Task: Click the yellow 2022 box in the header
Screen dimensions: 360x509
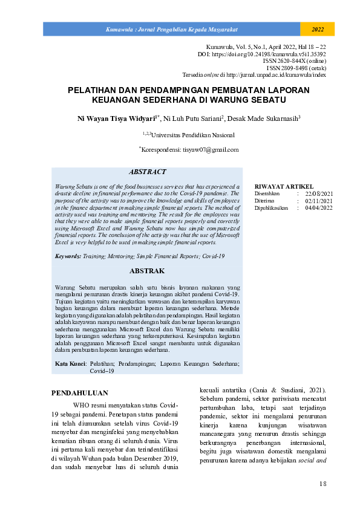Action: (x=317, y=29)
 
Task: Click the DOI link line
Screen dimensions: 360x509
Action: (x=262, y=54)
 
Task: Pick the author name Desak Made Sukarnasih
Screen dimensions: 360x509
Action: (x=265, y=118)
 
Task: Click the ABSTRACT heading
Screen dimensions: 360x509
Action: (x=148, y=172)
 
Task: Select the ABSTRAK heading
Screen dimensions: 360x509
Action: (x=147, y=271)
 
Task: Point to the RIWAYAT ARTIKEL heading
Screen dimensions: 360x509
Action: (x=284, y=186)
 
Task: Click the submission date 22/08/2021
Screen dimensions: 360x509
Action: (x=319, y=193)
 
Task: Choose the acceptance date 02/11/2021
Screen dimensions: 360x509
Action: (x=319, y=200)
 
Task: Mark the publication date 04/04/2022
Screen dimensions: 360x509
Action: (x=319, y=207)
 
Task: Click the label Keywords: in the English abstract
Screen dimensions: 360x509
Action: (x=68, y=256)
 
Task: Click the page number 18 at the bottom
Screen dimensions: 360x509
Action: (x=322, y=484)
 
